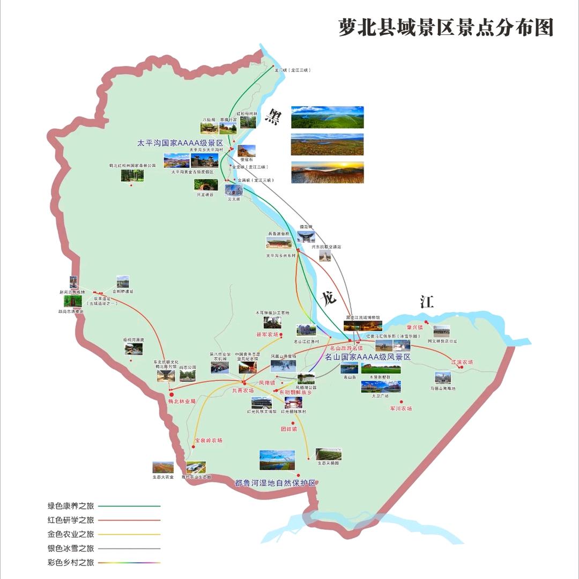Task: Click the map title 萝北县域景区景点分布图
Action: pos(446,27)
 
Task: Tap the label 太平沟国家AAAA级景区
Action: pos(180,144)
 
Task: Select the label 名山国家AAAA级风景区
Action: pos(368,357)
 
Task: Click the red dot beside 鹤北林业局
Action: pos(172,394)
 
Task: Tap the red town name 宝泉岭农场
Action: pos(208,440)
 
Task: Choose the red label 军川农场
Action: pos(401,409)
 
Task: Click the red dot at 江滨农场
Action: pos(461,367)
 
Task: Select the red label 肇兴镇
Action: pos(428,327)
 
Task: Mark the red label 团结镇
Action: pos(288,429)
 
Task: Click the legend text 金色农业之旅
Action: pos(71,534)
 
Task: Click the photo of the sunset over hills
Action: pos(327,172)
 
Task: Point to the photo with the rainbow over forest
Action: pos(327,117)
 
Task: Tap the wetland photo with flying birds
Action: pos(277,460)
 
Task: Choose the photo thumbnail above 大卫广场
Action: pos(381,387)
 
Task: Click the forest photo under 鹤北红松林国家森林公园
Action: pos(132,175)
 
